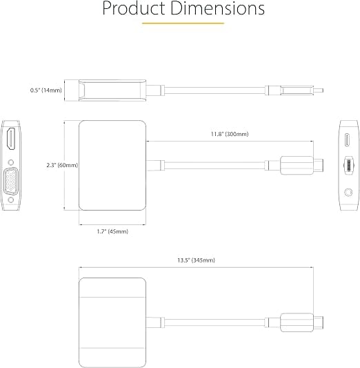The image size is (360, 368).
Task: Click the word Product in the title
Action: click(x=134, y=8)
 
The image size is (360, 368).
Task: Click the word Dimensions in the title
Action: click(x=217, y=8)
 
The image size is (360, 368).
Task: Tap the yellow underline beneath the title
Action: click(x=183, y=23)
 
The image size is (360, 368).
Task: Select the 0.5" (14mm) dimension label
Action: click(x=46, y=90)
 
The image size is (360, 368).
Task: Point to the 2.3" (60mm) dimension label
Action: click(x=62, y=165)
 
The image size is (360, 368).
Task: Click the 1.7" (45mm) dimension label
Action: click(x=112, y=231)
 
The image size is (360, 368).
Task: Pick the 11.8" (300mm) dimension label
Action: click(x=230, y=134)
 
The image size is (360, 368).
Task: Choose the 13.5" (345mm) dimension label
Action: click(x=196, y=260)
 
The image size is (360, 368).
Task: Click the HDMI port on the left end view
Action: click(x=11, y=139)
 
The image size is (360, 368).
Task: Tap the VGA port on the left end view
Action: click(x=11, y=181)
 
